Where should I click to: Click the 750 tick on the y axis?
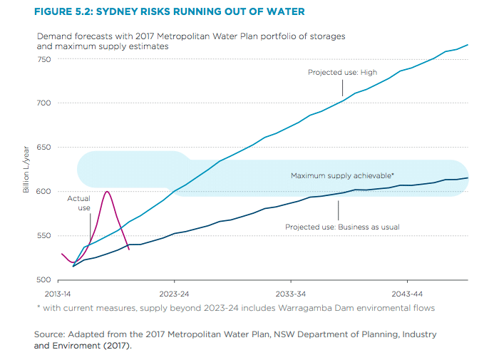click(44, 59)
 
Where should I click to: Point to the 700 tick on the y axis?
click(44, 103)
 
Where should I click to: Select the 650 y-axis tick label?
click(44, 148)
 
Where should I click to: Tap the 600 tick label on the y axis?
click(44, 192)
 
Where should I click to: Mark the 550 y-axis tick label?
click(44, 236)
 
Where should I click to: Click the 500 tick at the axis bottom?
click(44, 280)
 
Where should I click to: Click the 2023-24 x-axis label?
click(174, 294)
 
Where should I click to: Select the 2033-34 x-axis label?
click(291, 294)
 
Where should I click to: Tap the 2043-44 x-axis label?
click(408, 294)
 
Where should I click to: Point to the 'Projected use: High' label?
click(342, 72)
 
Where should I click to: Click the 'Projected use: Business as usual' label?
click(342, 227)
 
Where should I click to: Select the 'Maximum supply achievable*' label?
click(343, 175)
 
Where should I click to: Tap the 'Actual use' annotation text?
click(78, 203)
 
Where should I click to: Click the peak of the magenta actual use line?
click(107, 191)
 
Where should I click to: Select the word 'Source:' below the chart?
click(50, 334)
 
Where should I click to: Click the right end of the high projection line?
click(468, 45)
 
